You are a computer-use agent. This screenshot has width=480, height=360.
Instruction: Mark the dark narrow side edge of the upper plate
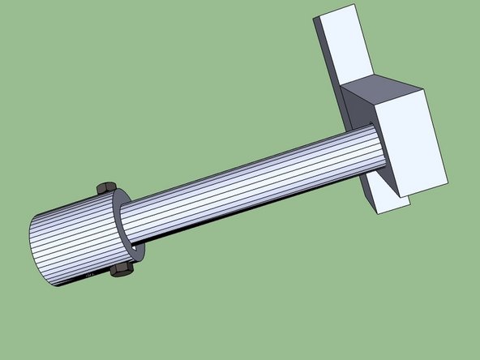pyautogui.click(x=322, y=49)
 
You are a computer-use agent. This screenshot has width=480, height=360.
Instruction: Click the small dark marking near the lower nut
pyautogui.click(x=91, y=275)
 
